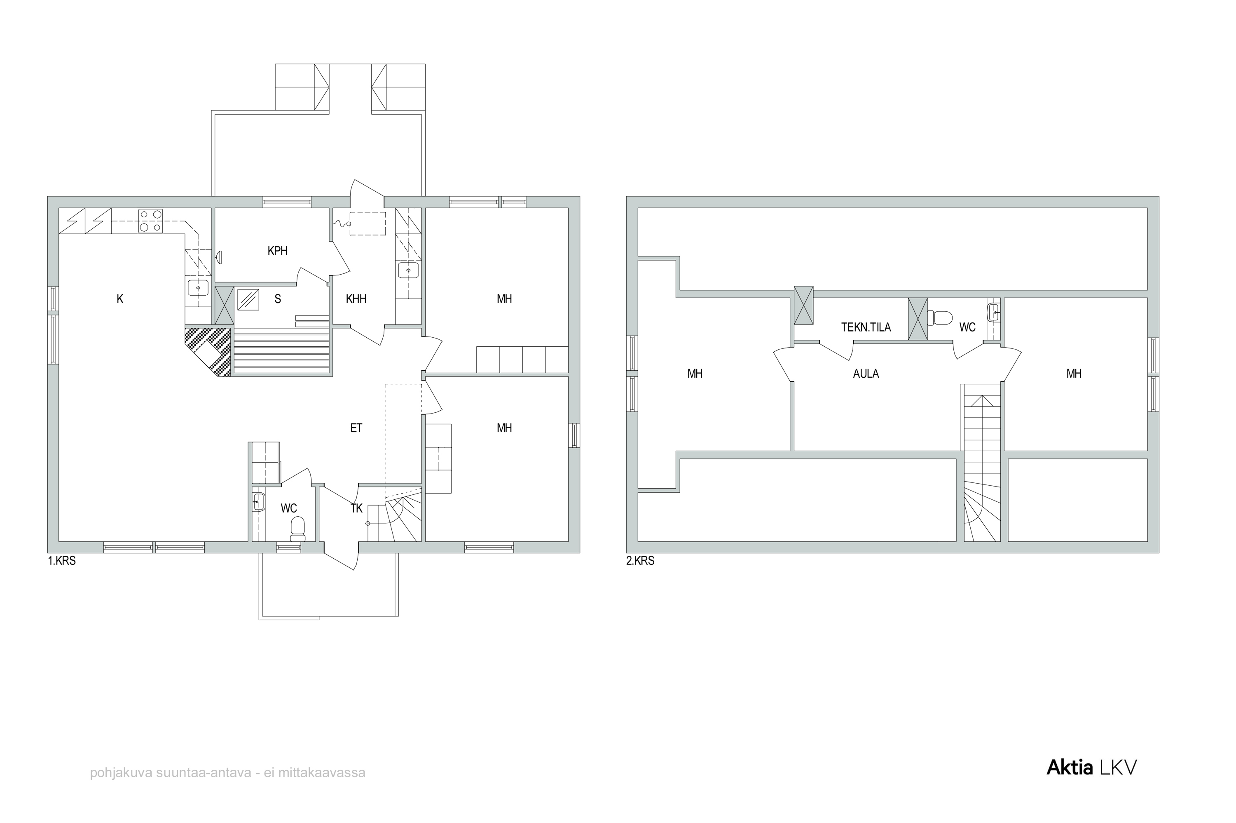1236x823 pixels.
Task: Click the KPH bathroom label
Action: [277, 251]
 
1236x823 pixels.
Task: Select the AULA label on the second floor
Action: [866, 374]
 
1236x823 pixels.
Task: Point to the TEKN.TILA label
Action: [866, 327]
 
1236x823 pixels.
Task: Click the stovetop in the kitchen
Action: [150, 221]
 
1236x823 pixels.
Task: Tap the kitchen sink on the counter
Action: [198, 288]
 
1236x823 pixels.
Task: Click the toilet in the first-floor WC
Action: [298, 529]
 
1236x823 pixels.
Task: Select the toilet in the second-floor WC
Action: [940, 317]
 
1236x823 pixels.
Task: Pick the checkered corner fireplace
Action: [208, 352]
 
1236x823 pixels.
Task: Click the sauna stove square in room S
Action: [248, 300]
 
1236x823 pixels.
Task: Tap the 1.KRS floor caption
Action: [62, 561]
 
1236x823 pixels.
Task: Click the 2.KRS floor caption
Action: [640, 561]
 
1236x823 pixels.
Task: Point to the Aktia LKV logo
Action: [1091, 768]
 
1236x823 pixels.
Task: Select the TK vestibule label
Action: [357, 508]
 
